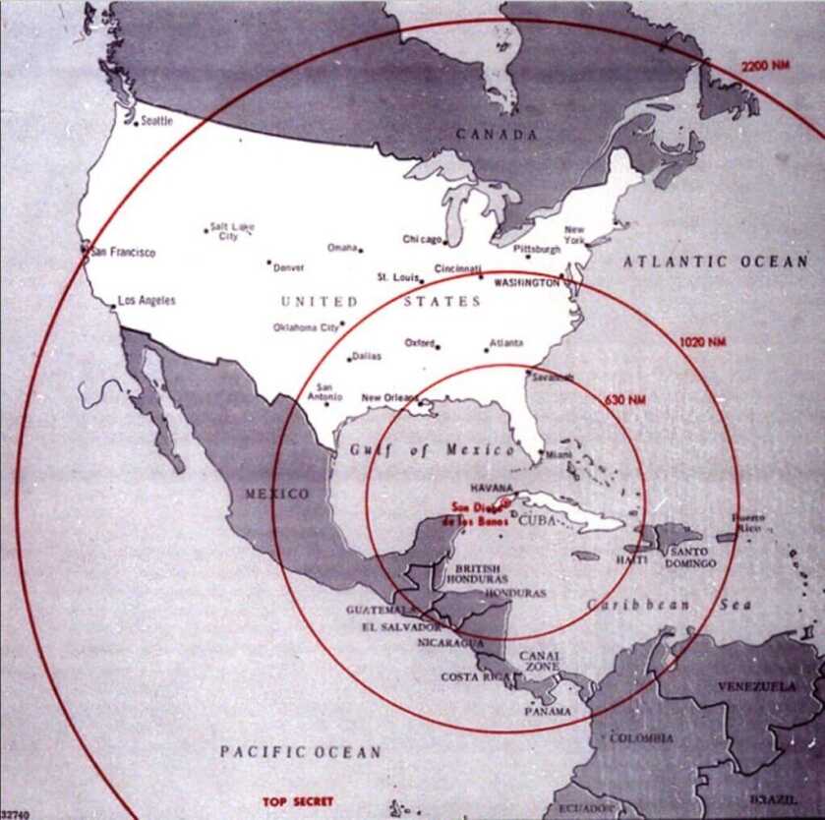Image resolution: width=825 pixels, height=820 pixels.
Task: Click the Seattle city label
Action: coord(157,120)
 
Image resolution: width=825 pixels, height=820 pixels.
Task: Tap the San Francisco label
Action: coord(123,253)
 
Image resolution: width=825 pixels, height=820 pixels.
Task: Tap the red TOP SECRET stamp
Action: coord(298,801)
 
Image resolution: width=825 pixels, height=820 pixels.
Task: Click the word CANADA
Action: coord(496,135)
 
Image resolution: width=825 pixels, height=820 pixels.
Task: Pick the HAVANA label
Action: coord(493,488)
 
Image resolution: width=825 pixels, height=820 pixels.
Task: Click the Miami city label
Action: coord(558,454)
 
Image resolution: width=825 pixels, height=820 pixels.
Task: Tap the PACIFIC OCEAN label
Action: coord(300,752)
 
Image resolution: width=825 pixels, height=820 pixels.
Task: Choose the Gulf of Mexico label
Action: coord(432,450)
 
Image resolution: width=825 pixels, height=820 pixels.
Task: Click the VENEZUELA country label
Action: coord(756,686)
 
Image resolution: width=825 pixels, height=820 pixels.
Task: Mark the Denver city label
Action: coord(289,267)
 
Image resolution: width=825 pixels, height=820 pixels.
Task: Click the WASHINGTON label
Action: coord(526,282)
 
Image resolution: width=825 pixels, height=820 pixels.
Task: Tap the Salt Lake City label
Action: coord(231,231)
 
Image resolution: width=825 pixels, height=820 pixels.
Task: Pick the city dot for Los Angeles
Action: coord(113,307)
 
